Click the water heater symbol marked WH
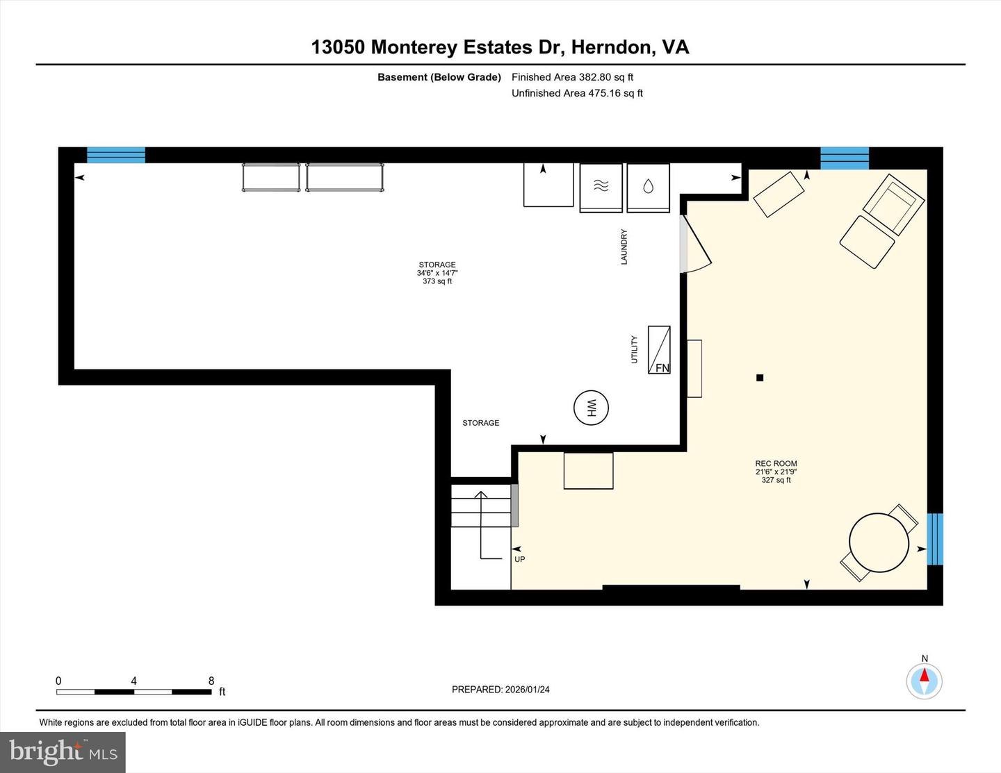click(x=591, y=408)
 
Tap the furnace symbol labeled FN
click(x=659, y=349)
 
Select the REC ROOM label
click(x=776, y=463)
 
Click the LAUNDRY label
click(x=624, y=247)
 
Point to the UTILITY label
click(x=634, y=349)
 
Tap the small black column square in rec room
click(x=760, y=378)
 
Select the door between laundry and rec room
click(x=694, y=244)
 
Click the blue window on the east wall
click(x=935, y=539)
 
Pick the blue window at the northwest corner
click(x=115, y=155)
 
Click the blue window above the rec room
click(x=845, y=158)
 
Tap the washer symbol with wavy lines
click(x=601, y=186)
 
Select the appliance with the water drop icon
click(x=648, y=187)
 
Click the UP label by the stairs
click(x=519, y=559)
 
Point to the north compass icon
click(x=924, y=680)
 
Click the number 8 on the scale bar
click(x=211, y=681)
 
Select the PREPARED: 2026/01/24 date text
click(x=500, y=690)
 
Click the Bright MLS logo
click(x=63, y=752)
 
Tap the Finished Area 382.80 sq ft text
click(x=572, y=77)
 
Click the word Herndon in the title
click(x=612, y=47)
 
